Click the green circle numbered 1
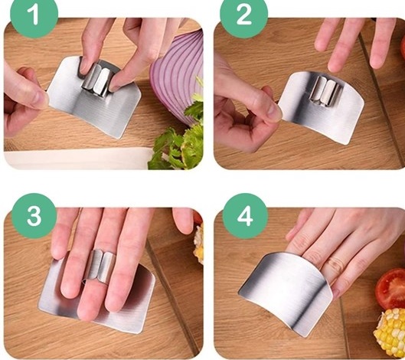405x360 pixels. (x=34, y=15)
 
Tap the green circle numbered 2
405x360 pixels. (x=243, y=15)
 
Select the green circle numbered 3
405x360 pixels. (x=34, y=216)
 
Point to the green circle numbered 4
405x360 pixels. (x=245, y=216)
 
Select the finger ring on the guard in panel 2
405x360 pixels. (x=325, y=93)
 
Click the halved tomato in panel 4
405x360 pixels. (x=390, y=289)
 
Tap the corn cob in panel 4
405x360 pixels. (x=390, y=332)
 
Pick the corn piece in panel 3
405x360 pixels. (x=199, y=244)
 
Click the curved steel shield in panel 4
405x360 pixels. (x=286, y=292)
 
